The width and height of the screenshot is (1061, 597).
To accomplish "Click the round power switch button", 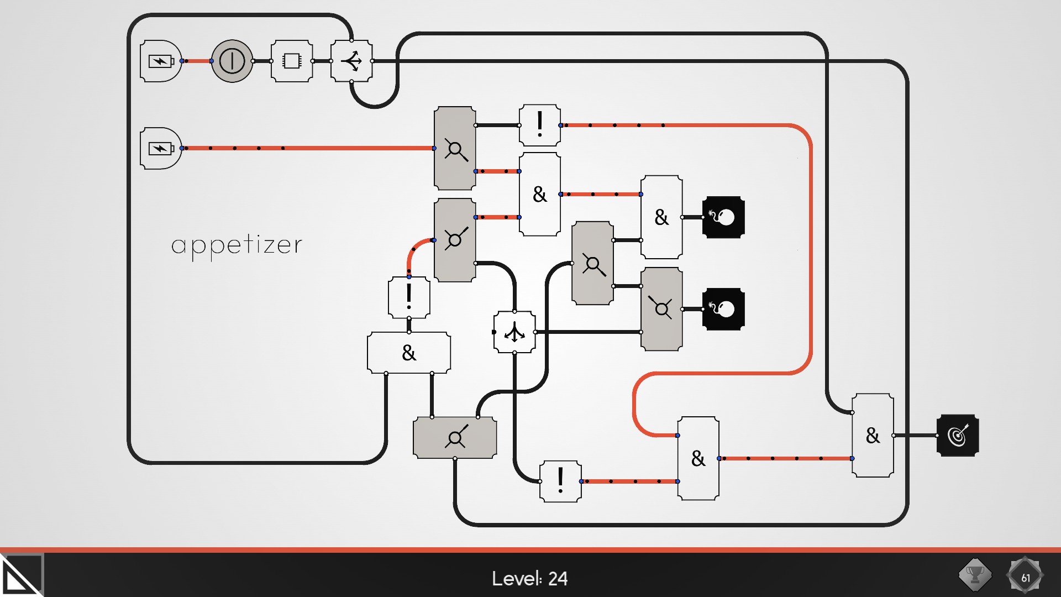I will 232,61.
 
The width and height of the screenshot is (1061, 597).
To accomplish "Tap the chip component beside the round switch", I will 292,61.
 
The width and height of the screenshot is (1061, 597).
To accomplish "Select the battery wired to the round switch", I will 161,61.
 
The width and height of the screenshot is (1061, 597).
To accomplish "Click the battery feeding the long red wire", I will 161,148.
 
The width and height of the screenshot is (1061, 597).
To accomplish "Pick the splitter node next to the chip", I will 351,61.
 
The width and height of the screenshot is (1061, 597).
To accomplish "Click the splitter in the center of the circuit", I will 514,332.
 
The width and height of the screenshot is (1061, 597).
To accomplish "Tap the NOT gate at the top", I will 540,125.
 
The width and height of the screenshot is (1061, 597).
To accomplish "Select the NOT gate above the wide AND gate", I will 409,297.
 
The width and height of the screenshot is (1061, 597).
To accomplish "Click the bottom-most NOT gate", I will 560,481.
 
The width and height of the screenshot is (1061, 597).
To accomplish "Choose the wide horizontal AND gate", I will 409,353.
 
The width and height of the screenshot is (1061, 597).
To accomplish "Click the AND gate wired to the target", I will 873,436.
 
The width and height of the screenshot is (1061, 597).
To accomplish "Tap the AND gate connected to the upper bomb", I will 661,217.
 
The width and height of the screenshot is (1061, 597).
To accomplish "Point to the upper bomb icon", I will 723,217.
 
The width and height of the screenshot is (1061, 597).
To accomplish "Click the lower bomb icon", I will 723,309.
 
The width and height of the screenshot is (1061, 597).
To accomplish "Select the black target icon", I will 958,436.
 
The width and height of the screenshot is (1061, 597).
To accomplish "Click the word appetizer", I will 237,245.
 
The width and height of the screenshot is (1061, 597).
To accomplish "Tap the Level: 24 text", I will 529,578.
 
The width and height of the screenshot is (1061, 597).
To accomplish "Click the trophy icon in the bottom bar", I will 975,575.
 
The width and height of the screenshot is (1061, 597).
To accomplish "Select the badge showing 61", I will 1025,576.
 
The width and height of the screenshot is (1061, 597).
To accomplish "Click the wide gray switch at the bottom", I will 455,438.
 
